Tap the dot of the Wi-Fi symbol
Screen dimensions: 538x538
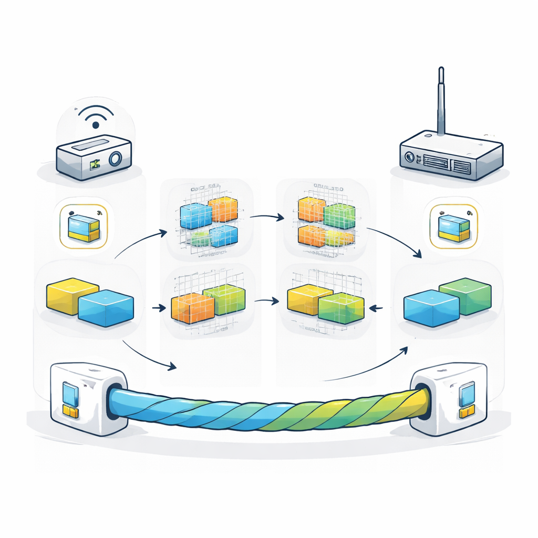click(x=96, y=125)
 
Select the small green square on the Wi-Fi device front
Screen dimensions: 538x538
click(x=95, y=165)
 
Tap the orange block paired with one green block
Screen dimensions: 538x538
click(x=192, y=307)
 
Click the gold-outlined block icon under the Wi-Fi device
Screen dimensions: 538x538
click(x=84, y=226)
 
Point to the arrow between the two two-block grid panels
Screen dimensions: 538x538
click(x=267, y=301)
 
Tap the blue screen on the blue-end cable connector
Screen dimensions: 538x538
click(x=70, y=393)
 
